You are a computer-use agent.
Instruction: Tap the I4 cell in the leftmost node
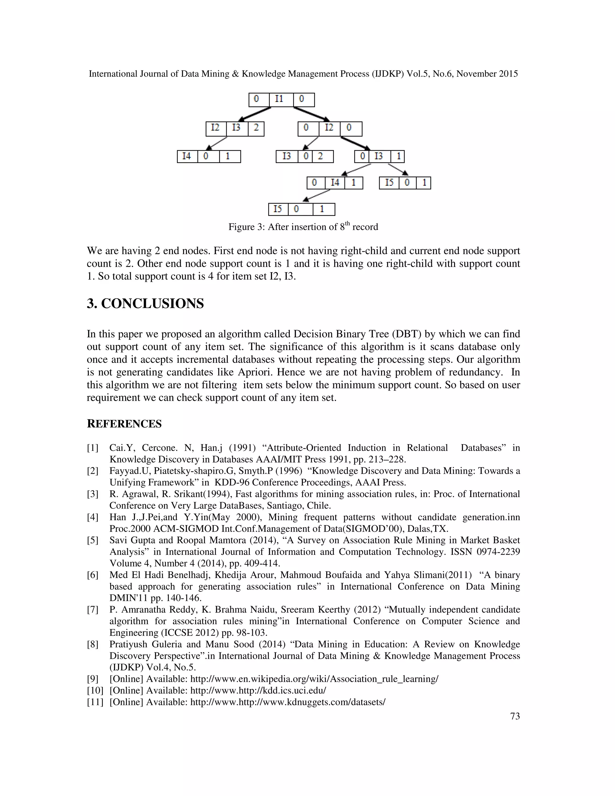click(x=187, y=156)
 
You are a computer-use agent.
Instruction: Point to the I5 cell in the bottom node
click(x=278, y=209)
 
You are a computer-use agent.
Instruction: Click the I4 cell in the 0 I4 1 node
click(x=335, y=183)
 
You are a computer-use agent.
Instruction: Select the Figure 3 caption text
click(x=303, y=227)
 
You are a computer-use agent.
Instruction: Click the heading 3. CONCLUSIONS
click(x=145, y=304)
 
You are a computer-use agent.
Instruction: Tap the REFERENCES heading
click(x=124, y=424)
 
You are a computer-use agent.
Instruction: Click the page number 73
click(x=515, y=716)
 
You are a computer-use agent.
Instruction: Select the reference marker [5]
click(x=92, y=540)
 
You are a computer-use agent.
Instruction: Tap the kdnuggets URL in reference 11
click(x=287, y=702)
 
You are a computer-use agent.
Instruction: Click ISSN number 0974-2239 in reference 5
click(x=498, y=552)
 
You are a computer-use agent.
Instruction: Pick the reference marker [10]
click(x=95, y=690)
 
